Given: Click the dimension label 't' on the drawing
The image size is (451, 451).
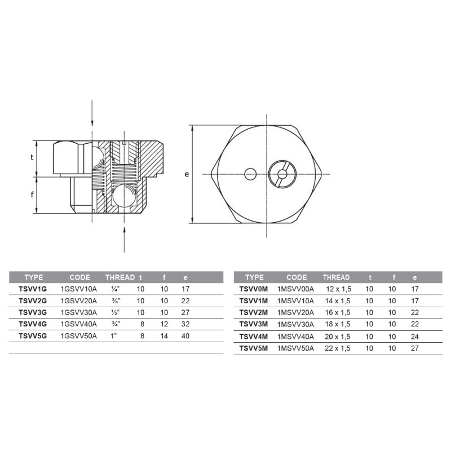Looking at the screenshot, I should pos(32,158).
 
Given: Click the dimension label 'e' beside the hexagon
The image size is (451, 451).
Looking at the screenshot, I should pos(186,174).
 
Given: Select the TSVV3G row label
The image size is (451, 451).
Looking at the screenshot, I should pos(32,312).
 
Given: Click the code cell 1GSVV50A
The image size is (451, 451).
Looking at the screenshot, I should pos(78,336).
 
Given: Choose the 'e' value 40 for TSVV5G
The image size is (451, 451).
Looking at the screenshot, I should pos(185,336).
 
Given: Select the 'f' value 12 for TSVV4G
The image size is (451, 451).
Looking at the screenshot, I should pos(164,324).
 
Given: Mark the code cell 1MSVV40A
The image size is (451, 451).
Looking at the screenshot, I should pos(295,336).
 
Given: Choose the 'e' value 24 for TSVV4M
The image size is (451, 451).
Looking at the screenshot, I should pos(415,336).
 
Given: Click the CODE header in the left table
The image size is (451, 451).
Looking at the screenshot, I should pos(79,277).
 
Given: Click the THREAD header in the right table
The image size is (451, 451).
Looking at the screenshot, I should pos(336,277).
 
